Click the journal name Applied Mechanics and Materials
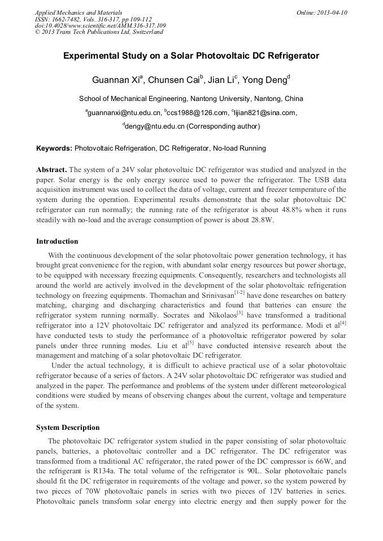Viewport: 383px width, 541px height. click(79, 12)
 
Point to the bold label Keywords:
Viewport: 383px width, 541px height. click(54, 149)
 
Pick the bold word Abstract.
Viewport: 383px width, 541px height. click(51, 169)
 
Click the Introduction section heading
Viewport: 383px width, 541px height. click(57, 241)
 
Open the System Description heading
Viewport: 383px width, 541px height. click(68, 427)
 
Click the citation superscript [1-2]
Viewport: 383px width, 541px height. click(240, 292)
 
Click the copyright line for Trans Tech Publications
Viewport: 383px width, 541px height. click(99, 32)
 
